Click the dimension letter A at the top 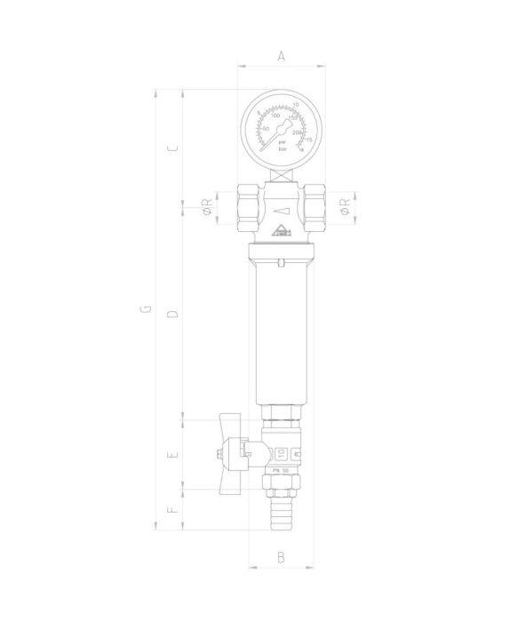(281, 56)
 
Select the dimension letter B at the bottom (281, 557)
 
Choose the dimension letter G (146, 310)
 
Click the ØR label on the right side (347, 208)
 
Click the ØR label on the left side (206, 208)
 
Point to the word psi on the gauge (282, 142)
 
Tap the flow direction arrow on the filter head (281, 211)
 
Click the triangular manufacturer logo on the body (281, 234)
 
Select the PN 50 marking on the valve (281, 471)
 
